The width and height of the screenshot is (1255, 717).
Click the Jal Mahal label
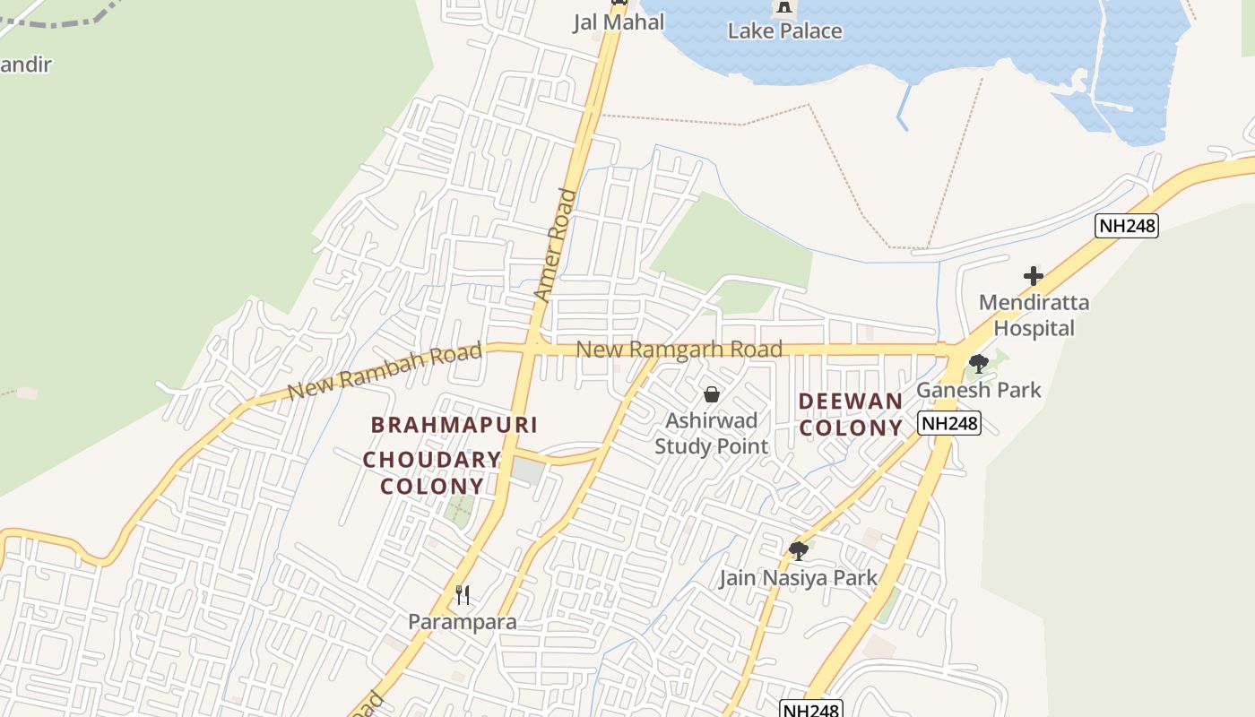(619, 22)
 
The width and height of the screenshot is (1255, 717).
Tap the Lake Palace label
(784, 31)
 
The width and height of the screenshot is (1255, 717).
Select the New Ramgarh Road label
(679, 349)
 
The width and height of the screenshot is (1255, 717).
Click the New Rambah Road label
(385, 372)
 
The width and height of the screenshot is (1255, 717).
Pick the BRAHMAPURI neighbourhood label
(454, 424)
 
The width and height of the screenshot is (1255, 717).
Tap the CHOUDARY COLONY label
(432, 473)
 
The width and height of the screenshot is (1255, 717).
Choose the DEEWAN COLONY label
(851, 414)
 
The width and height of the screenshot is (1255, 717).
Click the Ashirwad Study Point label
(711, 433)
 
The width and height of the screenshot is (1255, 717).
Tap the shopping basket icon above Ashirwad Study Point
(712, 393)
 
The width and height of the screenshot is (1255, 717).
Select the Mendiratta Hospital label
(1034, 315)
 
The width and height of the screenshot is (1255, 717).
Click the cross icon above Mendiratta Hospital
(1034, 276)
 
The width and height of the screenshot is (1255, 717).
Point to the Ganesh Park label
(978, 390)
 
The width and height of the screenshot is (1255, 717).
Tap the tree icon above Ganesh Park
(978, 363)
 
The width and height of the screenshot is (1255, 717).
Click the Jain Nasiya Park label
(798, 578)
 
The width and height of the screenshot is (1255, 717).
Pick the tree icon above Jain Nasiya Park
(798, 550)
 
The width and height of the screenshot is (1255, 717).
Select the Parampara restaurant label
(462, 621)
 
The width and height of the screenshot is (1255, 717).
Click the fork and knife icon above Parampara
(463, 594)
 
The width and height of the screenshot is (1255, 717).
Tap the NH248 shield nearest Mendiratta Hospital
(1127, 226)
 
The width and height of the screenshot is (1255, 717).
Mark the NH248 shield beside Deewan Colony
(948, 423)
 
